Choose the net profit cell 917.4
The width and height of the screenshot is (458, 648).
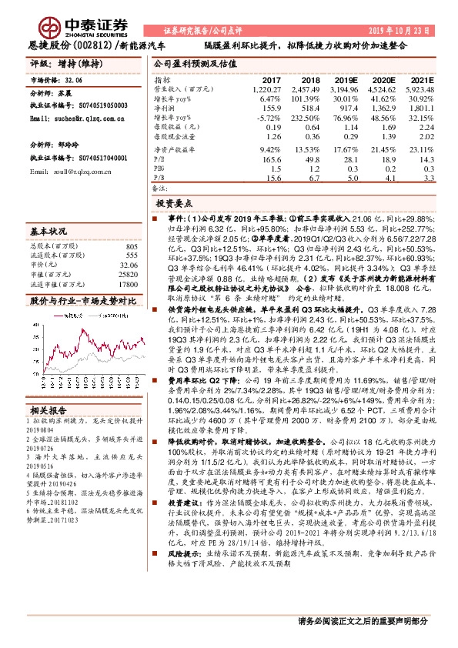346,109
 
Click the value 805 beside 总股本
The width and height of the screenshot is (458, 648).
131,246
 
